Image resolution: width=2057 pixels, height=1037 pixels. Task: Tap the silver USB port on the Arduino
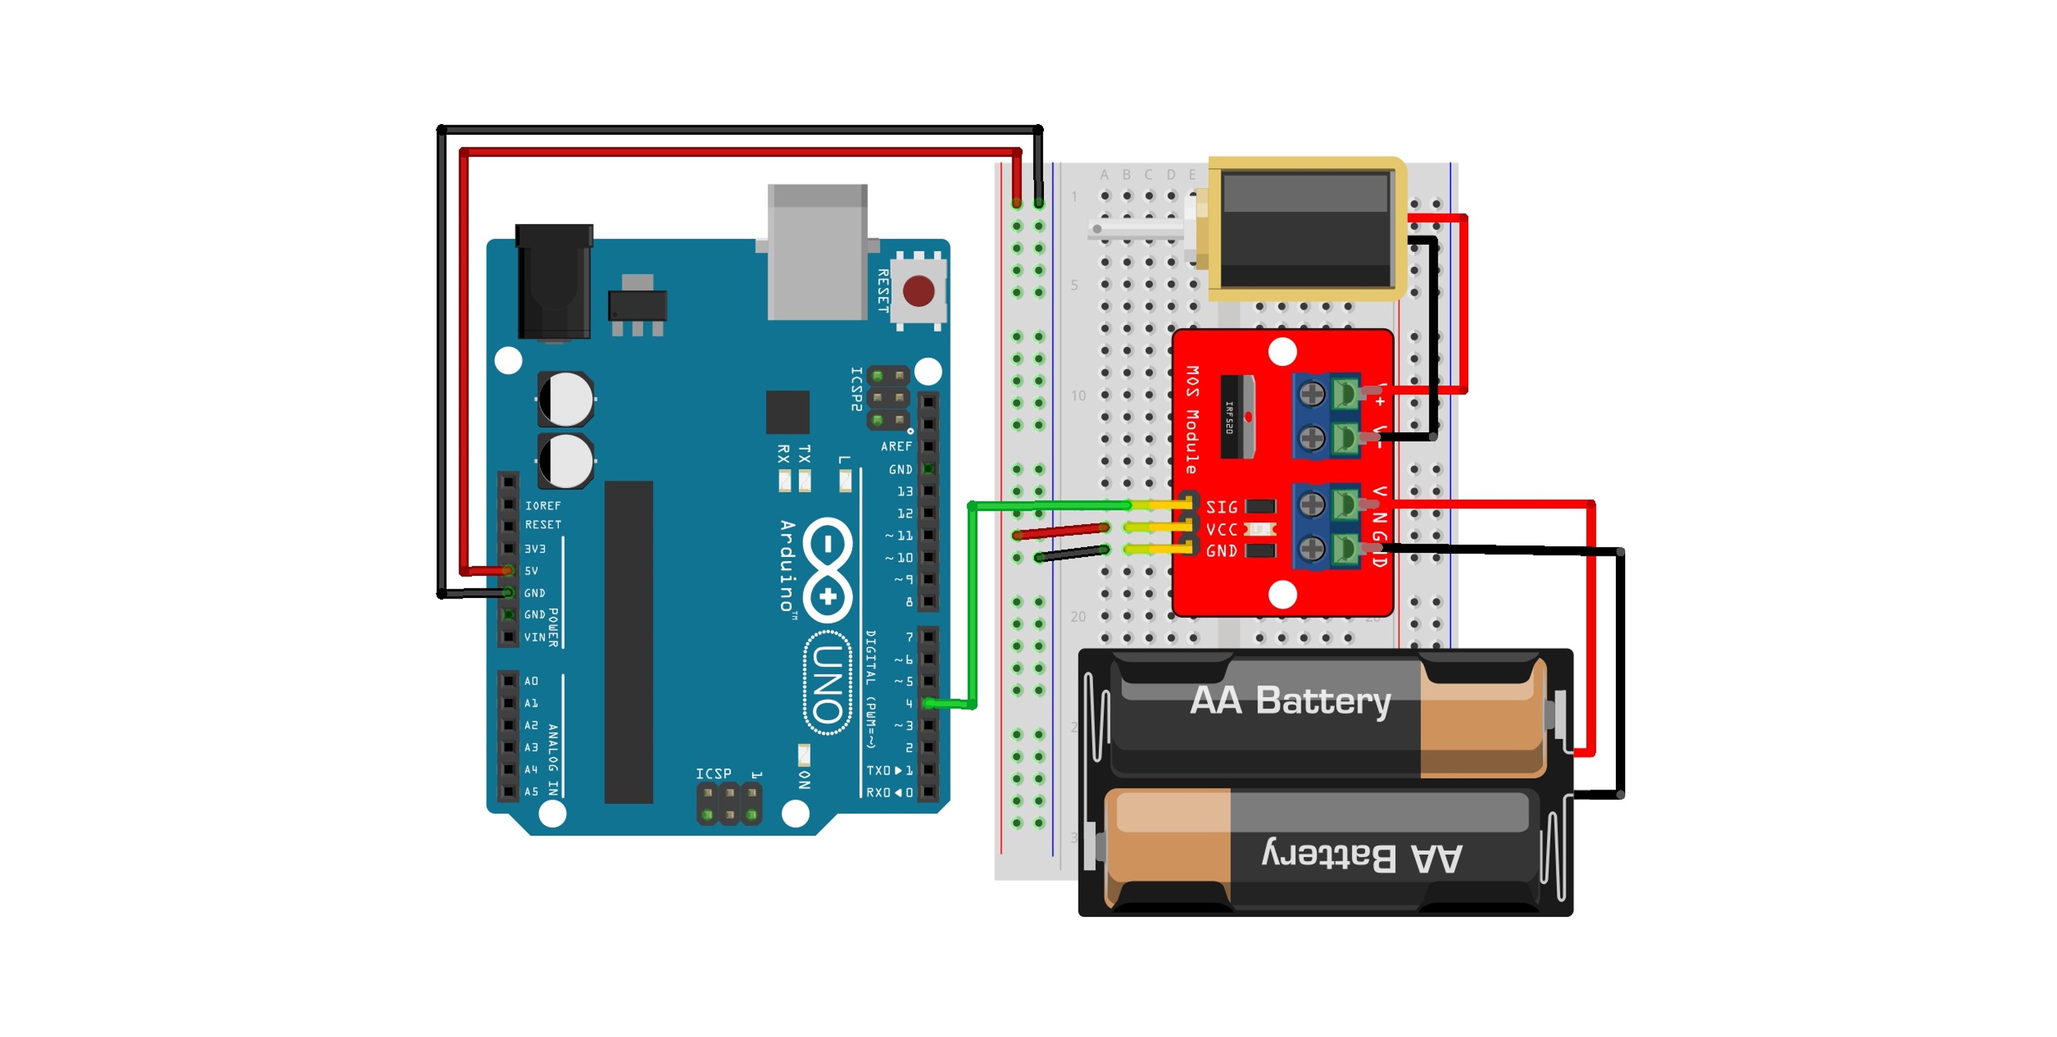[x=817, y=251]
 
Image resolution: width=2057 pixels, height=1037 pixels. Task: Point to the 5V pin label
[x=531, y=571]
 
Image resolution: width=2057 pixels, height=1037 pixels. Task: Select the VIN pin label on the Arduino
[x=535, y=637]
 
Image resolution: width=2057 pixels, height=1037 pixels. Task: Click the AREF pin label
[x=896, y=446]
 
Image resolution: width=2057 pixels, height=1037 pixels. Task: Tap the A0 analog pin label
[x=531, y=681]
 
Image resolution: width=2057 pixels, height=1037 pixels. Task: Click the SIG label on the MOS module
[x=1221, y=507]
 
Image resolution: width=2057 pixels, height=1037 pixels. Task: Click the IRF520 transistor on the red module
[x=1237, y=417]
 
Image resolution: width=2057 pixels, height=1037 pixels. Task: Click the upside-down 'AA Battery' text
[x=1362, y=856]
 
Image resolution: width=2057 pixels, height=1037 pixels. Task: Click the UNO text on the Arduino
[x=827, y=682]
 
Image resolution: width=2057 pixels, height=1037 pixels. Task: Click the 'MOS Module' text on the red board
[x=1192, y=419]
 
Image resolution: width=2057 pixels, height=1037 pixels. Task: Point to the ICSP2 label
[x=856, y=389]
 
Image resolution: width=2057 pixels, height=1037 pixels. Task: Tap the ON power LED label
[x=804, y=779]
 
